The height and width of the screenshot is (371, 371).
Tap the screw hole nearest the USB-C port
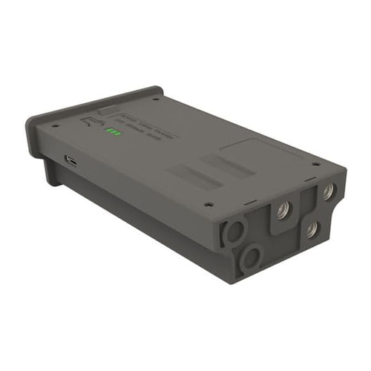point(54,126)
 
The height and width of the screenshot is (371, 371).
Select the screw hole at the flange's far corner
point(157,98)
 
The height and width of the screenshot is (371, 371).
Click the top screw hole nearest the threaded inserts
point(316,164)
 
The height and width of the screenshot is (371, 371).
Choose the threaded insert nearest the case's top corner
point(326,191)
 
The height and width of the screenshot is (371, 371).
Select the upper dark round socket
point(234,232)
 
